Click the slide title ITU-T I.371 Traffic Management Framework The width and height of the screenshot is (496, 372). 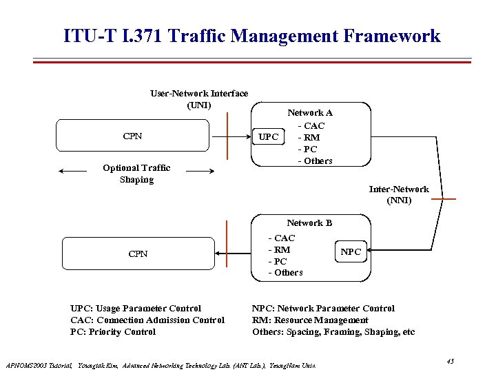tap(251, 36)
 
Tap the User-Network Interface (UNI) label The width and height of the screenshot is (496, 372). tap(199, 99)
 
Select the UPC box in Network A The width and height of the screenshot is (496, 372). tap(268, 137)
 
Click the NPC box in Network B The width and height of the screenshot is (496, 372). tap(351, 251)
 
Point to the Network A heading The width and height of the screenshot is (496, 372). tap(310, 112)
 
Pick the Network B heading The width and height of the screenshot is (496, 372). tap(309, 223)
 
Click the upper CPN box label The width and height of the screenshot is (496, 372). tap(132, 136)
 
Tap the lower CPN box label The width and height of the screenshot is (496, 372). tap(138, 254)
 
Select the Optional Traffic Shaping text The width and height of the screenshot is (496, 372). tap(136, 174)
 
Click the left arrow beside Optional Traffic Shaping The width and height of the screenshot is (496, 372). tap(73, 170)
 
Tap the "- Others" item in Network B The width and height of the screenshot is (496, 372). tap(285, 273)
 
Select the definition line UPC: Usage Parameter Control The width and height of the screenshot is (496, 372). tap(136, 309)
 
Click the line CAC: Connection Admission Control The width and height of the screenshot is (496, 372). tap(147, 320)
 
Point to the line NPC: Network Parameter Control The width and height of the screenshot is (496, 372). tap(324, 309)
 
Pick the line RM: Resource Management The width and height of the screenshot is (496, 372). tap(310, 320)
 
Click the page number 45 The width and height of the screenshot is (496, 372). tap(451, 361)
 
